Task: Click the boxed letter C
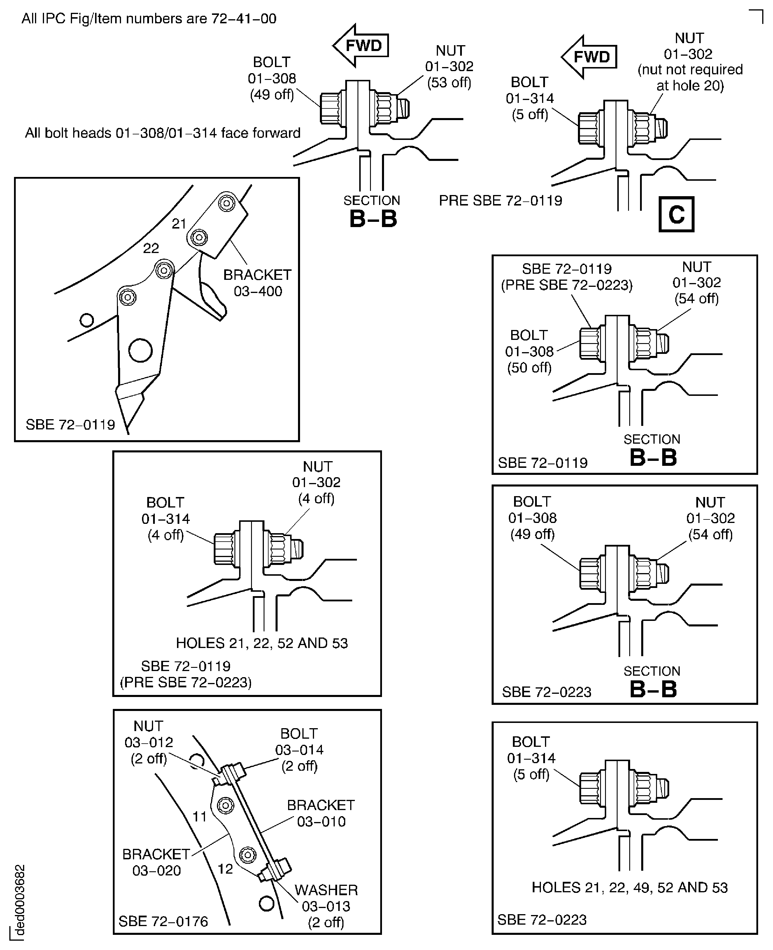(676, 215)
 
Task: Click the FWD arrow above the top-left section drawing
(361, 45)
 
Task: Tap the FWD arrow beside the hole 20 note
(589, 57)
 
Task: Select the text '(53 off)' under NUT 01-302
(449, 83)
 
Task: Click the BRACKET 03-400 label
(257, 283)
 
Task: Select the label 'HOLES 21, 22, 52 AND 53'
(262, 643)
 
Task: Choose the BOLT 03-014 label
(299, 750)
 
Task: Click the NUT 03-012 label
(148, 742)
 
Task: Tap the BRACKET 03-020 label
(156, 862)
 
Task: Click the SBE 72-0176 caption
(163, 921)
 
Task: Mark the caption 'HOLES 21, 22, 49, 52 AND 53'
(630, 887)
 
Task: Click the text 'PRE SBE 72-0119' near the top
(500, 201)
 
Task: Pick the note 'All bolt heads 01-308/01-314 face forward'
(162, 133)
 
